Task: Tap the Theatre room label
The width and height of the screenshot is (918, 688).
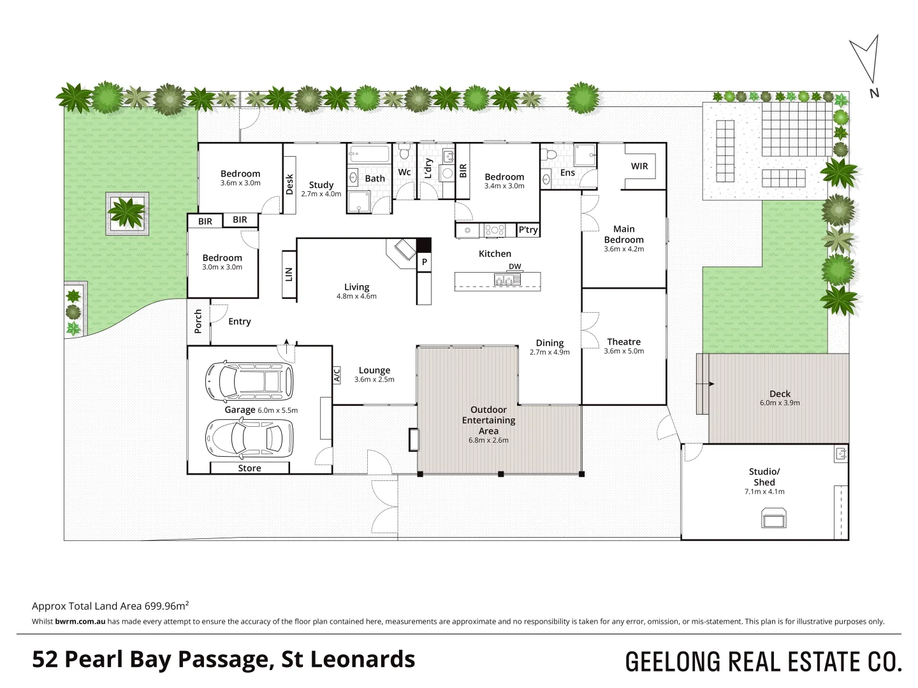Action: [623, 341]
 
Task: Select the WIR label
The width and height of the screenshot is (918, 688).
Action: [639, 166]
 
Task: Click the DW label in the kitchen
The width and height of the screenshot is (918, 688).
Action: [515, 266]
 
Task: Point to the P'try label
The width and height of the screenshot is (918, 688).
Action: [528, 230]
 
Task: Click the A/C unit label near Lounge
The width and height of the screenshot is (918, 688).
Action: [337, 375]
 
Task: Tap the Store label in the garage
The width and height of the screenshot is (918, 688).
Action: [249, 468]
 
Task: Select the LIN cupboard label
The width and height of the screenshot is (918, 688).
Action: [289, 275]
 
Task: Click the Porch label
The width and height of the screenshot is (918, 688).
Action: [198, 321]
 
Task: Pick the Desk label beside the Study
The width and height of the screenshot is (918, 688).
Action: [289, 185]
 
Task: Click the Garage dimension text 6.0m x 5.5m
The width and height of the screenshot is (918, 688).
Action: [278, 410]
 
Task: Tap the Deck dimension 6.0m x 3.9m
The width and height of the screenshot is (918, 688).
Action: [780, 403]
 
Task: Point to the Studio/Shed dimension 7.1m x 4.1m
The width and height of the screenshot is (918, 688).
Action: [764, 492]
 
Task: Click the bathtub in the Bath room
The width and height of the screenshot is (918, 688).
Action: [370, 154]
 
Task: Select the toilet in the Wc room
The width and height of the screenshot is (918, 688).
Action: [404, 152]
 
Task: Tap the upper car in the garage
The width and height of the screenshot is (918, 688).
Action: [249, 381]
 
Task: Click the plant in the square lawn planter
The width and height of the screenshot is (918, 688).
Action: [127, 213]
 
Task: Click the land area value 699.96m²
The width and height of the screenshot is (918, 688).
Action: [166, 606]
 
